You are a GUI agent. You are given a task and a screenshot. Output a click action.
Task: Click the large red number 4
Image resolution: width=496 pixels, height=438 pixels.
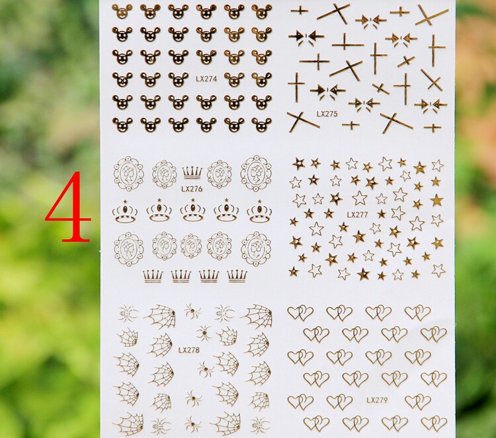69,207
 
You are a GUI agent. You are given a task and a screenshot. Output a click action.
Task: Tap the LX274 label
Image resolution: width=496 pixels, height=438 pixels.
206,79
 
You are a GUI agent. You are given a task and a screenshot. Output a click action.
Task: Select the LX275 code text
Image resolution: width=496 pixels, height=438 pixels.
327,114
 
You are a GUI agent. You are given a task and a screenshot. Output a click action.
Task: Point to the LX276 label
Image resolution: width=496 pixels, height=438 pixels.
192,189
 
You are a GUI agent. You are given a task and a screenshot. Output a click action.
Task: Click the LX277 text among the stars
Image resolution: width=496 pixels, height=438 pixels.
357,215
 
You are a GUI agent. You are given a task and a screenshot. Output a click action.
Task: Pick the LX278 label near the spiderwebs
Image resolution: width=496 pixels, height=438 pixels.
189,350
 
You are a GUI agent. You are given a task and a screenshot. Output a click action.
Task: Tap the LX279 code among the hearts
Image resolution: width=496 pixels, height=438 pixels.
377,400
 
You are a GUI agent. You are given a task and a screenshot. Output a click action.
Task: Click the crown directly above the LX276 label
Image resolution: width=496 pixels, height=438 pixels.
192,173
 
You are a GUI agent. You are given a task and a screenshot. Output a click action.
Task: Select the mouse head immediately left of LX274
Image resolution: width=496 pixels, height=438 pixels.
178,79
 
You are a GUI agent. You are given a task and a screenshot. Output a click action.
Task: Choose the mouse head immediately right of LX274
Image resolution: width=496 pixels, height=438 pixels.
234,79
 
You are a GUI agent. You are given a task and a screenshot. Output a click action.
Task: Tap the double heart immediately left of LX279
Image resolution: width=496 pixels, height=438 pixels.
339,402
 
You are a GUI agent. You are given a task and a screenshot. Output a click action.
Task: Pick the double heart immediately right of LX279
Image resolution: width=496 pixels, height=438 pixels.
417,402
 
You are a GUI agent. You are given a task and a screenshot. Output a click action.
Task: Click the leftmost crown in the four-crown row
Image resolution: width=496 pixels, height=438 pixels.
153,276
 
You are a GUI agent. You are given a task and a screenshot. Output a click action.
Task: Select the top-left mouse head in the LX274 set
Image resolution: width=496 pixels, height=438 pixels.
122,11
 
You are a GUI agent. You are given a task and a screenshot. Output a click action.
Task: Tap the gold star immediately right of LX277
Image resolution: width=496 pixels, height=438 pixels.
382,214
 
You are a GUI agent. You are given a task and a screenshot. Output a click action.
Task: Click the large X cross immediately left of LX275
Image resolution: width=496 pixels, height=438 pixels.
303,122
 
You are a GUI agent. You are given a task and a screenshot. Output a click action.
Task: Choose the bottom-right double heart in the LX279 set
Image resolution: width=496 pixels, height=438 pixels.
434,423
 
